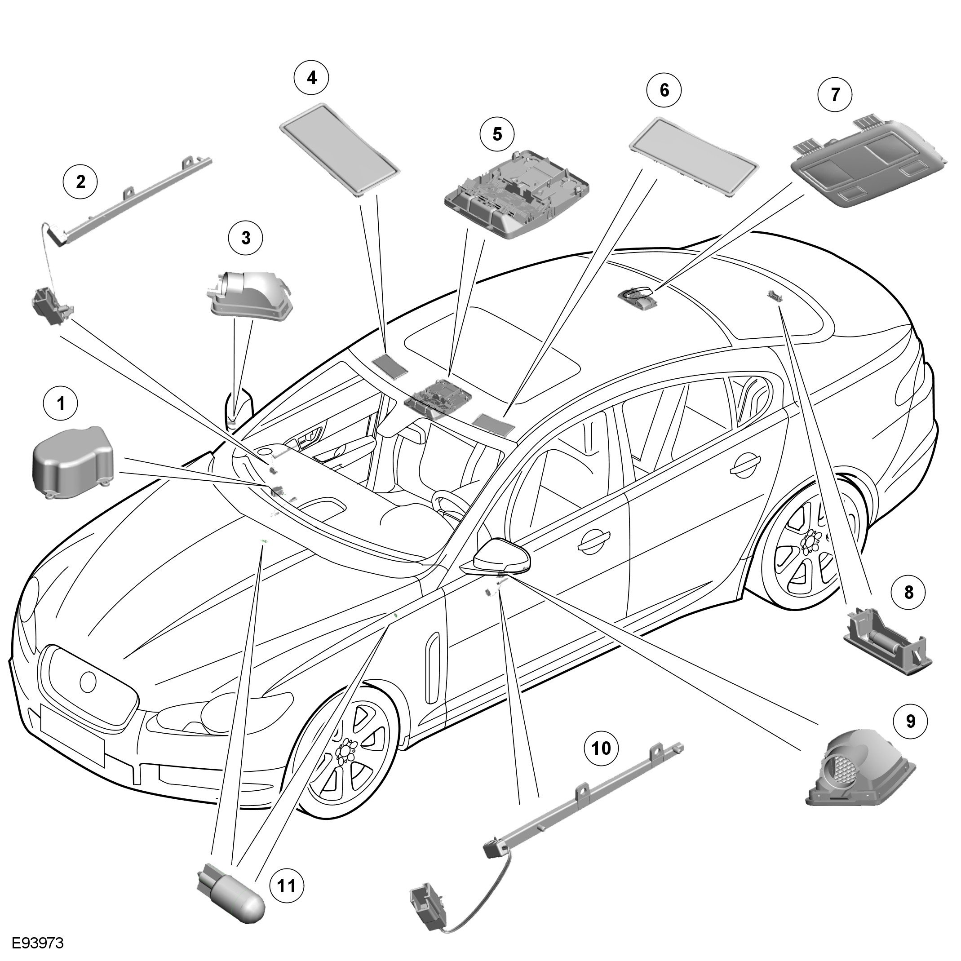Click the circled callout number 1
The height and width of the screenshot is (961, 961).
[61, 404]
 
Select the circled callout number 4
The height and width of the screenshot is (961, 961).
[312, 78]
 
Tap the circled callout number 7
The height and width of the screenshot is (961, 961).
[835, 94]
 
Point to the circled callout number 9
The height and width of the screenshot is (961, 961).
[910, 721]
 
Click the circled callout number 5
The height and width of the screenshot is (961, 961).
[497, 134]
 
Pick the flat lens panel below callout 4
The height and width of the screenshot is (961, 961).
[340, 149]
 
